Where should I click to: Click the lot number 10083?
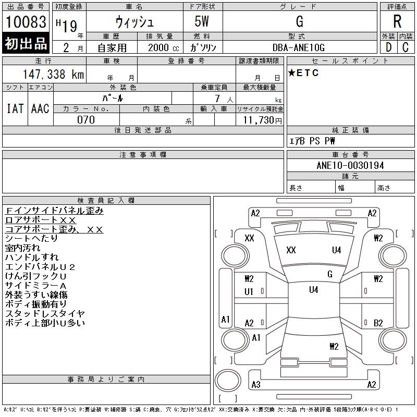click(26, 22)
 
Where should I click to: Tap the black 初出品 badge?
click(26, 43)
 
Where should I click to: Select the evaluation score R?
click(397, 22)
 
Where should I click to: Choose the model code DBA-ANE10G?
click(299, 47)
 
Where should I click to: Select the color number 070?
click(86, 120)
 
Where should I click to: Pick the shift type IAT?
click(15, 108)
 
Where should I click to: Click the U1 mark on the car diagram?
click(249, 292)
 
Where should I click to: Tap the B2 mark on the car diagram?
click(378, 323)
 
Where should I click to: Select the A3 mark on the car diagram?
click(255, 385)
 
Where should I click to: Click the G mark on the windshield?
click(329, 274)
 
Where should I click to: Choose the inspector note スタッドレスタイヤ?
click(45, 314)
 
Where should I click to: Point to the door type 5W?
click(203, 22)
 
